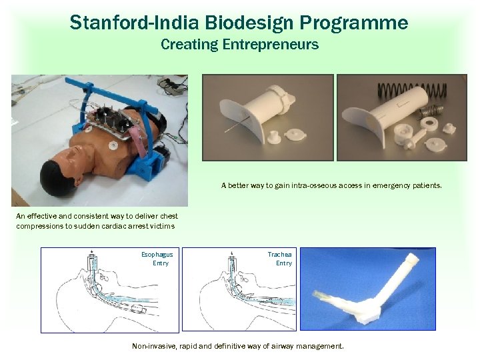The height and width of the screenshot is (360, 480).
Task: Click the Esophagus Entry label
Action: [x=157, y=259]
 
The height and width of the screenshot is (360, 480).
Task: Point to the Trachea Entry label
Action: [x=280, y=259]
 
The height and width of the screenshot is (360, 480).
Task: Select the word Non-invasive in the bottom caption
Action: [x=153, y=346]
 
